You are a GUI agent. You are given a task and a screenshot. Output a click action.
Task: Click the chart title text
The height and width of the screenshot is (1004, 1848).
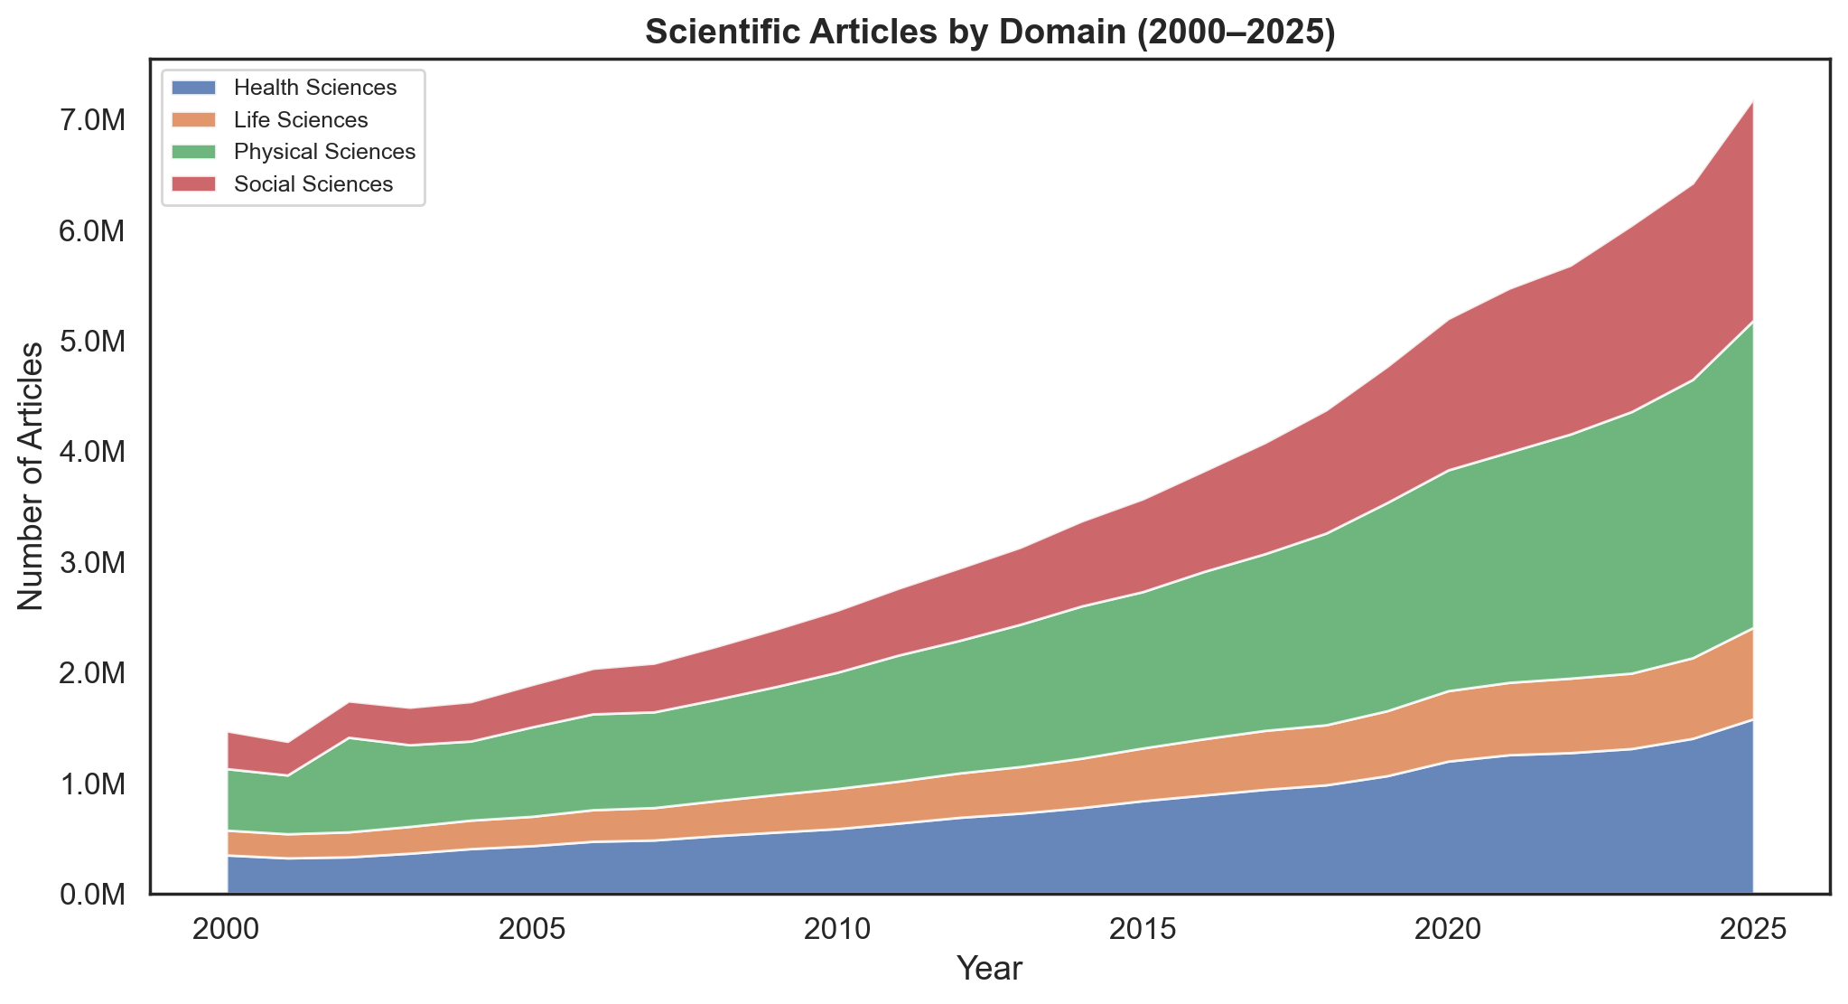point(990,33)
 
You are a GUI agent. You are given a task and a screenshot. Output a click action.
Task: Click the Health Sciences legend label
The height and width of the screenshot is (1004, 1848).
point(314,88)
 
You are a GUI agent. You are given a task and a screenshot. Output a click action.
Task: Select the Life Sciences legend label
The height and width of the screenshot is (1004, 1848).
point(300,120)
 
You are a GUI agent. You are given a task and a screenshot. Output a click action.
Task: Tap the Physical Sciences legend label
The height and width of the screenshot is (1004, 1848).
point(324,152)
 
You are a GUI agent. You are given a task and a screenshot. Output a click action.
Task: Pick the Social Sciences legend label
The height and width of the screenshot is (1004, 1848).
point(313,184)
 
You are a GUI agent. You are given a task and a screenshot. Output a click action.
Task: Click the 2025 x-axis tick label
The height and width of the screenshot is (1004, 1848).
point(1753,930)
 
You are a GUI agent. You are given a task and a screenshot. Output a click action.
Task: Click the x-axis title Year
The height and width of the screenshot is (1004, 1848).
point(990,970)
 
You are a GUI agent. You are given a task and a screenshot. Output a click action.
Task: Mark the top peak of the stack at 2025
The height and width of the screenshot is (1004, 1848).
point(1753,101)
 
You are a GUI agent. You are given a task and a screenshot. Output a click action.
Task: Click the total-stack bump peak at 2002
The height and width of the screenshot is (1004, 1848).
point(350,703)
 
